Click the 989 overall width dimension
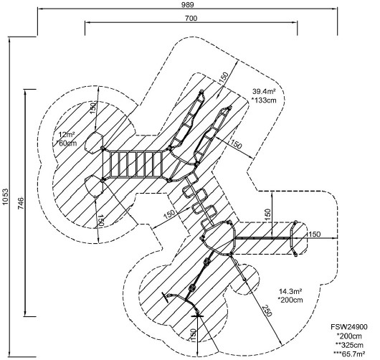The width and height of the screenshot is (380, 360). click(x=188, y=5)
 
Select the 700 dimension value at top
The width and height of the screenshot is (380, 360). click(x=191, y=18)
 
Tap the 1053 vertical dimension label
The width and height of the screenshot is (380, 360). click(x=5, y=196)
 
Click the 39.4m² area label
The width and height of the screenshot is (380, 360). click(x=264, y=91)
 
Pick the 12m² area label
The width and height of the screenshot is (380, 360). click(x=67, y=135)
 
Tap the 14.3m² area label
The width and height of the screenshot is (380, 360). click(x=290, y=291)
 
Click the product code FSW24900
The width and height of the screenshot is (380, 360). click(x=349, y=327)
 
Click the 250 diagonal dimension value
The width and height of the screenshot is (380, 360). click(x=266, y=311)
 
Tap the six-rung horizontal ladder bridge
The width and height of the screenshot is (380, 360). click(x=136, y=164)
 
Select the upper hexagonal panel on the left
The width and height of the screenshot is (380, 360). click(x=94, y=143)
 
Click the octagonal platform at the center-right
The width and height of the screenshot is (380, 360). click(x=219, y=237)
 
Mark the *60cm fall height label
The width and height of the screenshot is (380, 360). click(x=66, y=143)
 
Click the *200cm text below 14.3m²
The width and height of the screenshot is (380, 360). click(x=290, y=300)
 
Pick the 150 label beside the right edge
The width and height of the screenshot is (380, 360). click(x=314, y=235)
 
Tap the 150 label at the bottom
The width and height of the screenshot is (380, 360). click(x=193, y=336)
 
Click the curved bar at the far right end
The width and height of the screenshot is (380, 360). click(x=292, y=238)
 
